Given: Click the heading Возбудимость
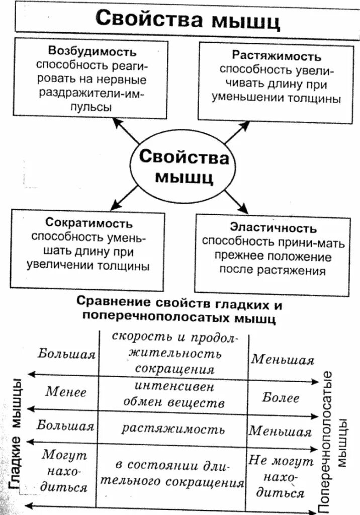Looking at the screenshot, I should click(x=92, y=51).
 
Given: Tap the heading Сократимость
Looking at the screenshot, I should click(x=89, y=223).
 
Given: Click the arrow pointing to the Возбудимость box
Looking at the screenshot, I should click(x=125, y=130).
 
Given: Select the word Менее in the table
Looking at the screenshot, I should click(x=66, y=392).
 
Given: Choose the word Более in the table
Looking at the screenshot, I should click(x=281, y=398).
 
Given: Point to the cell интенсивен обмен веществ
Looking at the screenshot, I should click(x=173, y=395).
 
